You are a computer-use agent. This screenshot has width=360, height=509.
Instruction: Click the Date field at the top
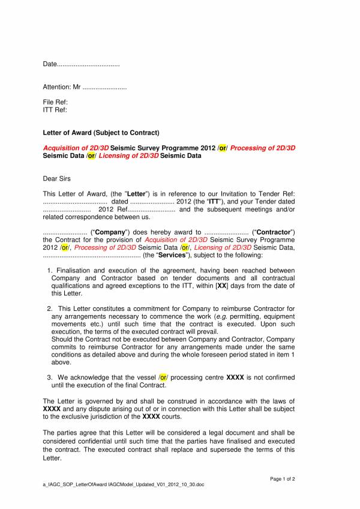pyautogui.click(x=81, y=64)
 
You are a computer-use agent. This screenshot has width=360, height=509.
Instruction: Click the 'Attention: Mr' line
pyautogui.click(x=85, y=87)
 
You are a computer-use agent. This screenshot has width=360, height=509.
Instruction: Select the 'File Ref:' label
pyautogui.click(x=55, y=103)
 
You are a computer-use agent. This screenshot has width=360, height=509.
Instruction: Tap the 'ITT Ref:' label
pyautogui.click(x=55, y=110)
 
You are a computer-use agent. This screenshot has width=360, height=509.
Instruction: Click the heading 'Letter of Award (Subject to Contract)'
pyautogui.click(x=101, y=132)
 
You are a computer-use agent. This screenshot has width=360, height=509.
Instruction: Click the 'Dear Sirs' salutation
pyautogui.click(x=57, y=178)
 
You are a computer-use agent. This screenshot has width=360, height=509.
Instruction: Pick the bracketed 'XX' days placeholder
pyautogui.click(x=222, y=286)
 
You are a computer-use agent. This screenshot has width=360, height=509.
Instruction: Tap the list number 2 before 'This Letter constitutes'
pyautogui.click(x=49, y=309)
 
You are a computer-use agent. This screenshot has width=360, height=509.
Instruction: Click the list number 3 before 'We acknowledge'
pyautogui.click(x=49, y=378)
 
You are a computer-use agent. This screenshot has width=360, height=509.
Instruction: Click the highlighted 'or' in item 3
pyautogui.click(x=163, y=378)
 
